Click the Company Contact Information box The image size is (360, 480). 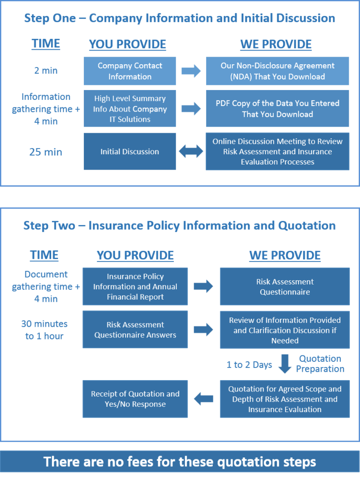[x=130, y=71]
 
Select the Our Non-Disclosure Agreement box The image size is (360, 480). [x=277, y=71]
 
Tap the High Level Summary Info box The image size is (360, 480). [x=130, y=109]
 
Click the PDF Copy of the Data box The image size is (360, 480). [x=277, y=109]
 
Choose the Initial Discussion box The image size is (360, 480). [x=130, y=151]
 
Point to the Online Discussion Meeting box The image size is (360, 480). [x=277, y=151]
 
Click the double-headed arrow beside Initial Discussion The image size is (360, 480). [x=191, y=151]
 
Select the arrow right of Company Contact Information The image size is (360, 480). [x=191, y=71]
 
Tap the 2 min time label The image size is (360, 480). [x=46, y=71]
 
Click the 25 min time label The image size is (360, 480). [x=46, y=152]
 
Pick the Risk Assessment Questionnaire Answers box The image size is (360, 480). [x=135, y=330]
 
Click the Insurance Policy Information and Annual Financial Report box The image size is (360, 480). [x=135, y=286]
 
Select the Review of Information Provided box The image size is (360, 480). [x=285, y=330]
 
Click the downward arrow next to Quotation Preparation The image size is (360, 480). [x=285, y=364]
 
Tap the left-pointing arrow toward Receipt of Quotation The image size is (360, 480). [x=203, y=399]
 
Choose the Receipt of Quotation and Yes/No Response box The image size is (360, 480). [x=135, y=399]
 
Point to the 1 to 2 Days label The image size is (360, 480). [x=249, y=365]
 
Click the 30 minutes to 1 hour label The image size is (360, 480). [x=45, y=330]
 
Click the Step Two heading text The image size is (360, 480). [x=180, y=225]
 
